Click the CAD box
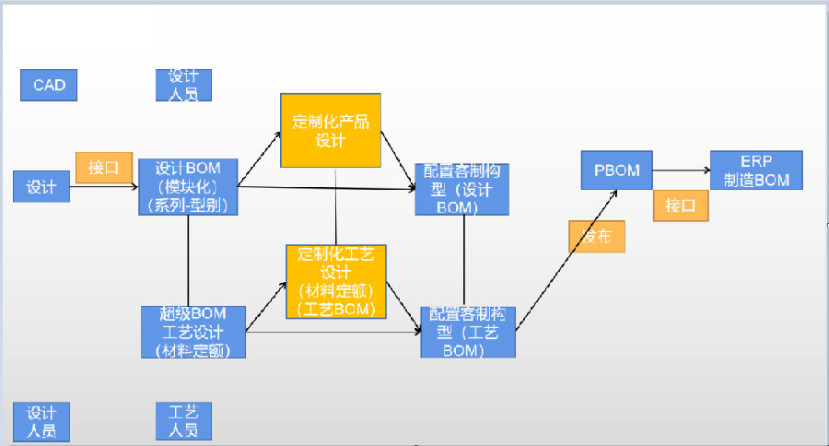coord(49,85)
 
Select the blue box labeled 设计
coord(41,187)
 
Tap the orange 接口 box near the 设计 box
coord(103,168)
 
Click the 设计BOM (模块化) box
coord(187,187)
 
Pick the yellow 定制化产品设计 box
coord(331,130)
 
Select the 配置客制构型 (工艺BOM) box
coord(468,332)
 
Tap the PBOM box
coord(616,170)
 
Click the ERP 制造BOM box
coord(756,170)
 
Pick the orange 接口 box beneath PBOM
coord(681,205)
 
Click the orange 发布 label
coord(597,237)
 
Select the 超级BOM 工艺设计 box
coord(194,332)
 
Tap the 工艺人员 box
coord(184,420)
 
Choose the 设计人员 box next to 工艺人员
coord(41,421)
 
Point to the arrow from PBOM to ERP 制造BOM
coord(681,170)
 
